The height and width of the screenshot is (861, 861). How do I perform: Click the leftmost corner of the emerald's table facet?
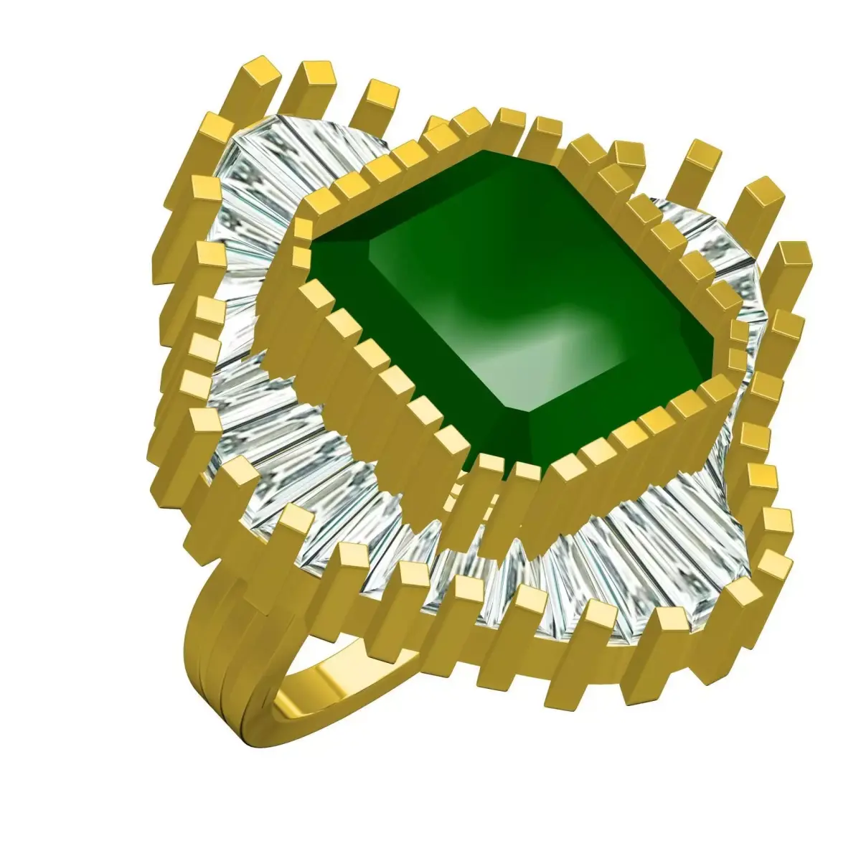pos(370,244)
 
